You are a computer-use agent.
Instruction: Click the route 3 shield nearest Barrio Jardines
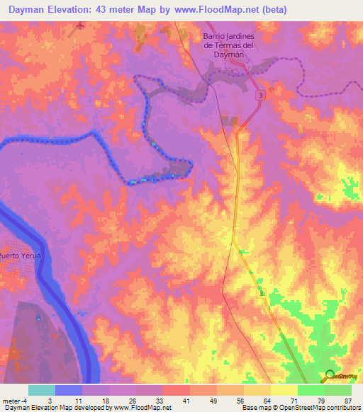(262, 94)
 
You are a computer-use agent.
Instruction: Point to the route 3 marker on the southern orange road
(262, 293)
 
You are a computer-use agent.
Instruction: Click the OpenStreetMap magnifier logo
(330, 376)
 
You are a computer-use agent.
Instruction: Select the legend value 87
(347, 401)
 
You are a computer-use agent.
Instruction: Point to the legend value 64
(265, 401)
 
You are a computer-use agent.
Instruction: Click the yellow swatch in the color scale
(284, 390)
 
